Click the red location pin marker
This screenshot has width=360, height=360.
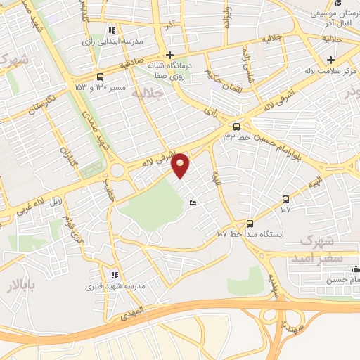pyautogui.click(x=181, y=165)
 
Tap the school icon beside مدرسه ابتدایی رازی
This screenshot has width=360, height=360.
pyautogui.click(x=111, y=30)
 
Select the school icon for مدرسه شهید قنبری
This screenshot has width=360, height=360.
pyautogui.click(x=114, y=275)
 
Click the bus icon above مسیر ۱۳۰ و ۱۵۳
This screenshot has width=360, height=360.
pyautogui.click(x=100, y=76)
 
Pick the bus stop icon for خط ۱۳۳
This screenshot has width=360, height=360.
pyautogui.click(x=236, y=127)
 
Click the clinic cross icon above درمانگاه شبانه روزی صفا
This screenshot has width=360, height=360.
pyautogui.click(x=169, y=55)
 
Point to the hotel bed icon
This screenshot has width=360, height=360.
pyautogui.click(x=193, y=204)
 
